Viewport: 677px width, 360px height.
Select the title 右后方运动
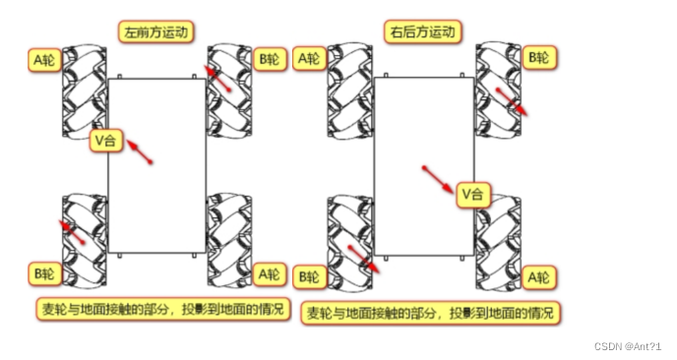(423, 32)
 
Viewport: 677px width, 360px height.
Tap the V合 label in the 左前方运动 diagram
(104, 142)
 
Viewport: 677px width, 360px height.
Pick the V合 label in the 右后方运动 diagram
(473, 195)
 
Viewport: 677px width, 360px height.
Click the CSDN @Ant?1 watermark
(628, 347)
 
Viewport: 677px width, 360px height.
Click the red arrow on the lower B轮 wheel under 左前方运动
(74, 232)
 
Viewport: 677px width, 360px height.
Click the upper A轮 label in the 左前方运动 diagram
(45, 59)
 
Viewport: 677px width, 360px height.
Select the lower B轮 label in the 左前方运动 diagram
(45, 272)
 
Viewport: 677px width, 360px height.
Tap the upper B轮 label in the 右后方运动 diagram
(539, 57)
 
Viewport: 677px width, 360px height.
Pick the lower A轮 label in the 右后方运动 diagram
(539, 278)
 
